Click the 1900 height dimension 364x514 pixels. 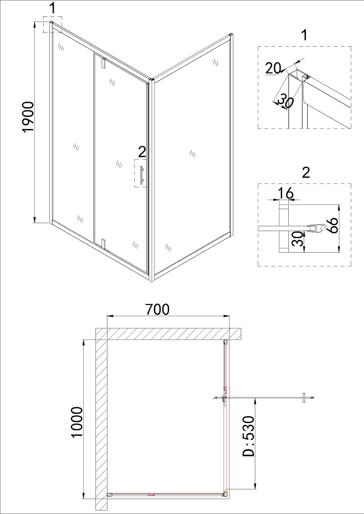[x=29, y=117]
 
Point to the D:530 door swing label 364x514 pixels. [x=249, y=436]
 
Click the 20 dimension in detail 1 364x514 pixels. [x=273, y=69]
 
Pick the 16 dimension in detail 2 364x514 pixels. [x=285, y=194]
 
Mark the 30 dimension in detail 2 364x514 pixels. [x=297, y=239]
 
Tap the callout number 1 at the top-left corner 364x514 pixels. [x=53, y=9]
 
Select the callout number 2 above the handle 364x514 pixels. [x=142, y=152]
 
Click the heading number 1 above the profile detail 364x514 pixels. [x=305, y=35]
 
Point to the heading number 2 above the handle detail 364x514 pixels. [x=305, y=172]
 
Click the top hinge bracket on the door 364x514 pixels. [x=103, y=63]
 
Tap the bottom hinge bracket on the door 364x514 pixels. [x=104, y=244]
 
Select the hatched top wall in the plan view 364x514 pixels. [x=169, y=334]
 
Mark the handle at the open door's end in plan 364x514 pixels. [x=304, y=398]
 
